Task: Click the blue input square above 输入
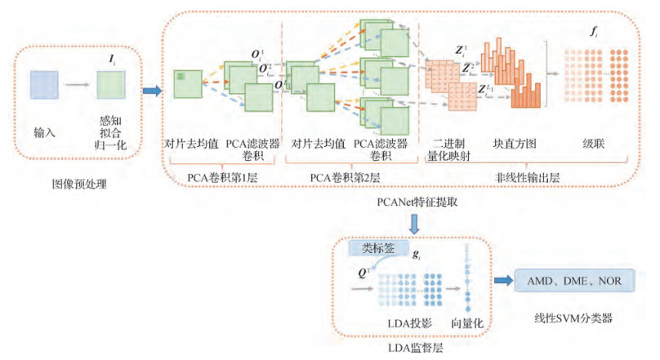click(x=44, y=84)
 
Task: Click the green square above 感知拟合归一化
click(x=109, y=84)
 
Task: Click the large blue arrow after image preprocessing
click(x=152, y=89)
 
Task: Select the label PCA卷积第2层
click(x=349, y=176)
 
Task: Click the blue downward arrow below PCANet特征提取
click(x=415, y=222)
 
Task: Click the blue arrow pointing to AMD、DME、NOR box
click(x=501, y=281)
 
